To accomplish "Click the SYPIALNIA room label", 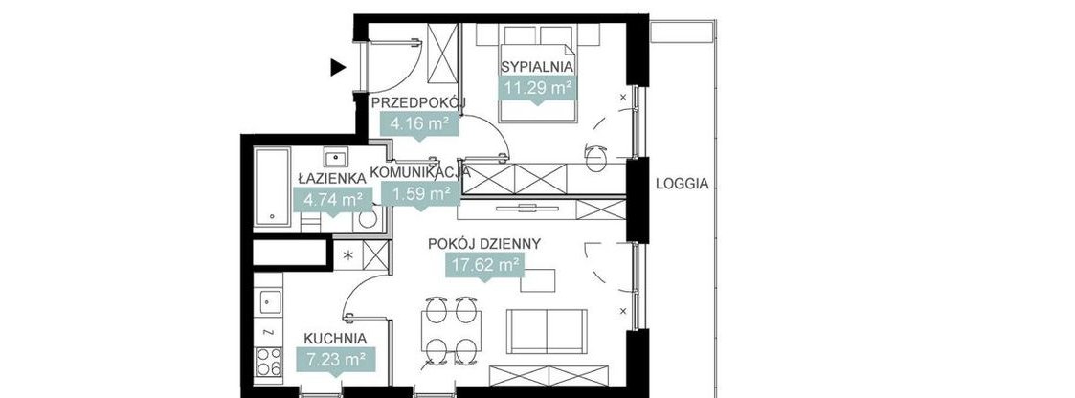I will (x=536, y=67).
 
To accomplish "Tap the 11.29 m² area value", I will (x=536, y=88).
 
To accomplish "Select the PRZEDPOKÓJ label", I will (x=417, y=102).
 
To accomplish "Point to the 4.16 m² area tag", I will (x=418, y=123).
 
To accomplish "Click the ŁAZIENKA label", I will (x=332, y=178).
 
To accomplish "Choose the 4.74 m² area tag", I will (x=332, y=200).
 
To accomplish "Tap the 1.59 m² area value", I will (x=418, y=193).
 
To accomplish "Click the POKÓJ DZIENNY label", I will (x=484, y=243).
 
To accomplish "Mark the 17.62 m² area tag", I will (x=484, y=265).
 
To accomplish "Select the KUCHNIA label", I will (x=335, y=339).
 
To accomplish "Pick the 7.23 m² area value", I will (x=335, y=361).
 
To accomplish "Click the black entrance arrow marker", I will (x=337, y=67).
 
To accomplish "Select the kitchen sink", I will (x=269, y=302).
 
